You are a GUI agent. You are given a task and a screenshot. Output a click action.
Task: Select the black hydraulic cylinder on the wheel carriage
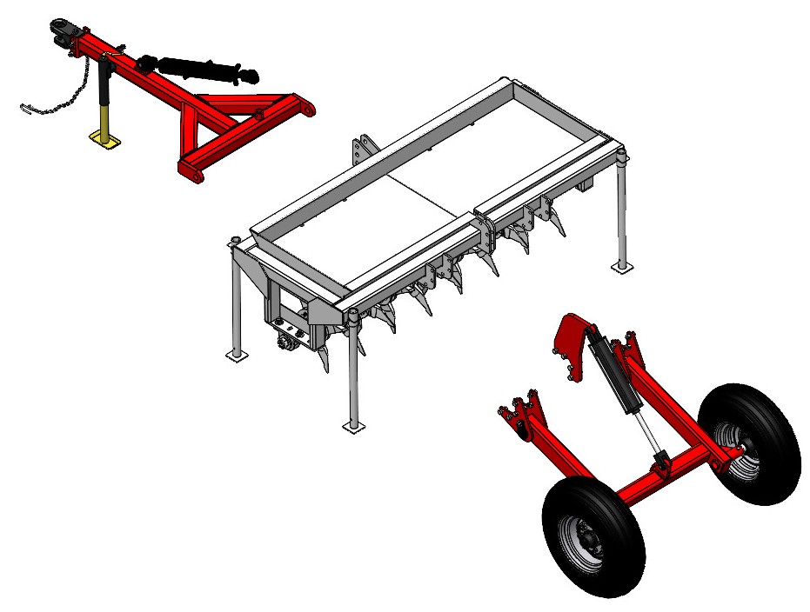[613, 374]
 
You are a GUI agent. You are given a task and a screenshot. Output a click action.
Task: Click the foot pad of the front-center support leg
[351, 426]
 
